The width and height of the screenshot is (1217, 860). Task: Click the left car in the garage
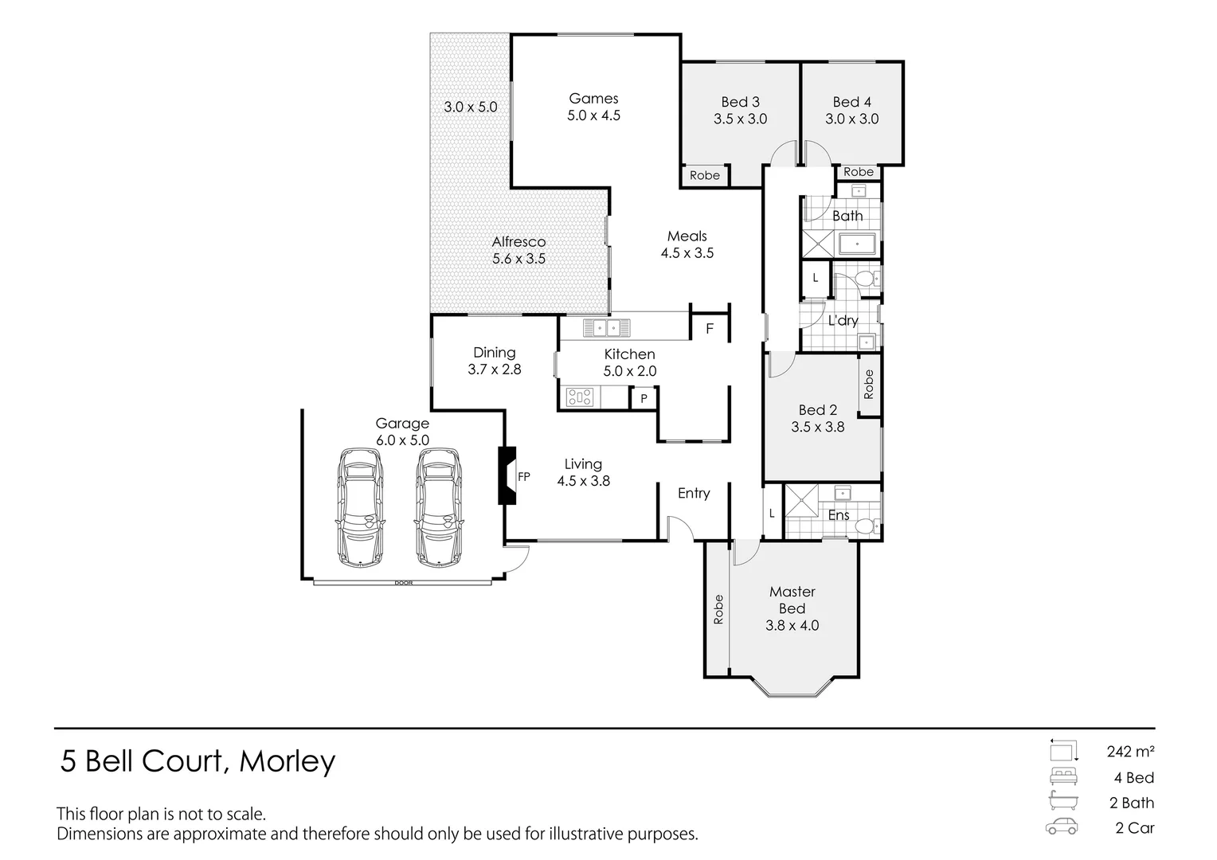[360, 507]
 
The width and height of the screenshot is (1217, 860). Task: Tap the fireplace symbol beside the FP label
[507, 475]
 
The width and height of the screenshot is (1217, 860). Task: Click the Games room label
[593, 99]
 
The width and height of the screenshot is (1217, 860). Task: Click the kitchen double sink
[606, 327]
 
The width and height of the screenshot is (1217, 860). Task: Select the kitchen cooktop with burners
[580, 396]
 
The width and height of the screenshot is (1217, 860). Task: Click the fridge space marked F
[710, 328]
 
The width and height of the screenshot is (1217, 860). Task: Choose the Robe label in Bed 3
[704, 175]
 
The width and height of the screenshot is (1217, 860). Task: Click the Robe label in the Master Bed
[718, 609]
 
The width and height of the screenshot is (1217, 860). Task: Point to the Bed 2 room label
[818, 410]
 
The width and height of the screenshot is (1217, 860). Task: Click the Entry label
[694, 494]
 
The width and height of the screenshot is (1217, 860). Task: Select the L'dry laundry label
[843, 321]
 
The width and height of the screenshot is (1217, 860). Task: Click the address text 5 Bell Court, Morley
[198, 762]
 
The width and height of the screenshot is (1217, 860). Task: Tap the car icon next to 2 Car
[1062, 827]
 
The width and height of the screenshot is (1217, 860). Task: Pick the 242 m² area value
[1130, 751]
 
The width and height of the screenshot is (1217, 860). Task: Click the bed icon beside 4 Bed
[1063, 776]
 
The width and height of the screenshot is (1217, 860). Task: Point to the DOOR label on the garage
[403, 583]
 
